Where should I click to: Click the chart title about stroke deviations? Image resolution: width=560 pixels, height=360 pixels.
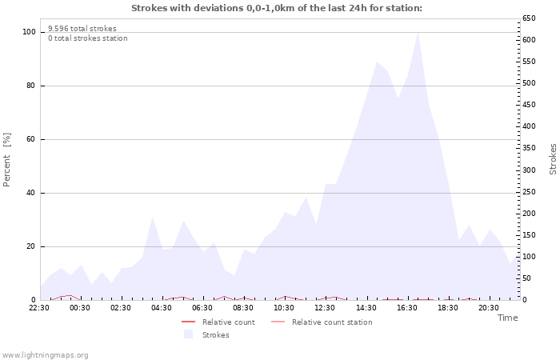[276, 8]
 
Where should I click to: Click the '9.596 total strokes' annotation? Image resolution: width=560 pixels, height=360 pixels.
[82, 29]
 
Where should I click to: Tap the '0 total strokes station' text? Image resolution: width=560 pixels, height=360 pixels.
[87, 38]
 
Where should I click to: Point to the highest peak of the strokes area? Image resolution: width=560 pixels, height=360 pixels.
[418, 34]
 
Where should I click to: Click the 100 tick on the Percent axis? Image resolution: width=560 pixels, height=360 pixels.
[30, 32]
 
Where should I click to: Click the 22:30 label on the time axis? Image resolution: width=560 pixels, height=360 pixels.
[39, 307]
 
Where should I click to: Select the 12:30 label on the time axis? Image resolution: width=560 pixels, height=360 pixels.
[325, 307]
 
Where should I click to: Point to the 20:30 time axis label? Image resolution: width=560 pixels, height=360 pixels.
[488, 307]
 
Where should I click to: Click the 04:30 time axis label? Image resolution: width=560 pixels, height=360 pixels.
[162, 307]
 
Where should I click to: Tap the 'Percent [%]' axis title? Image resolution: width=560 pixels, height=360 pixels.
[7, 160]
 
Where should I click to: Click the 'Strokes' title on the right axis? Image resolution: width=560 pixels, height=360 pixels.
[553, 158]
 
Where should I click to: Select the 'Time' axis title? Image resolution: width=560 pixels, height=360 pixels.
[507, 318]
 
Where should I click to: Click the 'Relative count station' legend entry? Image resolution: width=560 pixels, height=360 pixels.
[331, 322]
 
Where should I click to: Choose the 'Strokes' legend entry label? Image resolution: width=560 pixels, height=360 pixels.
[215, 335]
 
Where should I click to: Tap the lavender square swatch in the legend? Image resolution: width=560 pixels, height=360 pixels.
[188, 334]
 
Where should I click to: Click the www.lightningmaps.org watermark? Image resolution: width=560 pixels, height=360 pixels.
[45, 355]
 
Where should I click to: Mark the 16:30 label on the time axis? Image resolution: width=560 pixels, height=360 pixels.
[406, 307]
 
